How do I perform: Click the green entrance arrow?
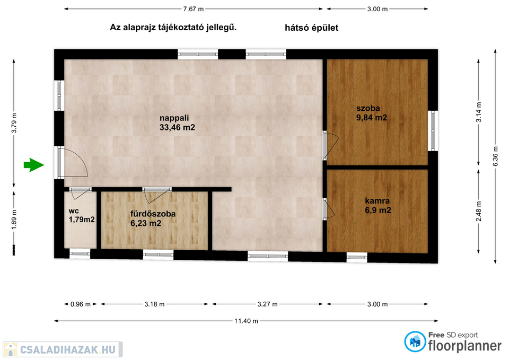tap(33, 165)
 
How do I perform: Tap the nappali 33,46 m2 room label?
tap(177, 122)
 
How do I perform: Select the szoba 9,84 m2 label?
tap(371, 113)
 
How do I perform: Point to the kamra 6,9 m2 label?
tap(378, 206)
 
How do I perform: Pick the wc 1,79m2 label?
tap(82, 215)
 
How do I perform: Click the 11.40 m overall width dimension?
tap(246, 321)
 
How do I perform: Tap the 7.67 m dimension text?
tap(193, 9)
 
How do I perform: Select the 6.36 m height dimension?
tap(495, 156)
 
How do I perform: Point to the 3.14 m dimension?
tap(478, 112)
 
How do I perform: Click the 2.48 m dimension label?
tap(478, 211)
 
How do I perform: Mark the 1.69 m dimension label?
tap(14, 219)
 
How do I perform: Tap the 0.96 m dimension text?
tap(81, 304)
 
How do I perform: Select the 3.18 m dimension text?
tap(154, 304)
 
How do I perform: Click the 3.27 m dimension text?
tap(267, 304)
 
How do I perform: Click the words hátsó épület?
tap(311, 28)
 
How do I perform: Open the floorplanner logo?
tap(453, 342)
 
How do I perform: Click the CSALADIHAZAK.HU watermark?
tap(63, 349)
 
